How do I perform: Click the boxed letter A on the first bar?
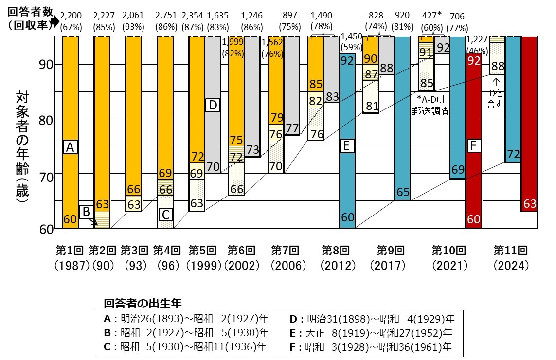[x=70, y=147]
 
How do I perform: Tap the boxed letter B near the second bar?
[x=86, y=212]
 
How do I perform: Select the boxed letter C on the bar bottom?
[x=165, y=214]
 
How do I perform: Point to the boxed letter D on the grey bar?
[x=213, y=105]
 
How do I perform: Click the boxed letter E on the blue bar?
[x=346, y=146]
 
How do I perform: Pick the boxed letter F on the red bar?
[x=473, y=145]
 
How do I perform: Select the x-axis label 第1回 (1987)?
[x=71, y=258]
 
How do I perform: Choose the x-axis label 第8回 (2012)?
[x=337, y=258]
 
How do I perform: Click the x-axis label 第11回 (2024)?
[x=510, y=258]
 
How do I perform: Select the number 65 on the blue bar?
[x=402, y=193]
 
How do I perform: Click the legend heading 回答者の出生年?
[x=143, y=303]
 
